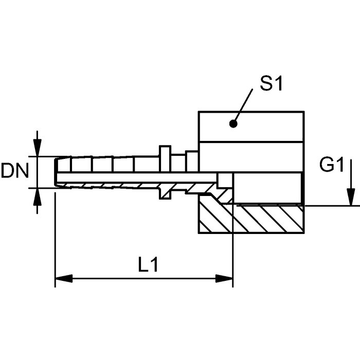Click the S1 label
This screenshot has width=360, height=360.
(x=271, y=84)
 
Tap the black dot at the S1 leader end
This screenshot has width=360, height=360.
(x=233, y=123)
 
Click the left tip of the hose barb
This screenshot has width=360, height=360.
(x=56, y=172)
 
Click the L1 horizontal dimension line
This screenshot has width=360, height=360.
(x=144, y=279)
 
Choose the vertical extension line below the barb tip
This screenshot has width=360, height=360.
(x=55, y=237)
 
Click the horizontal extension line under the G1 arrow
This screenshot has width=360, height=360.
(x=329, y=206)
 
